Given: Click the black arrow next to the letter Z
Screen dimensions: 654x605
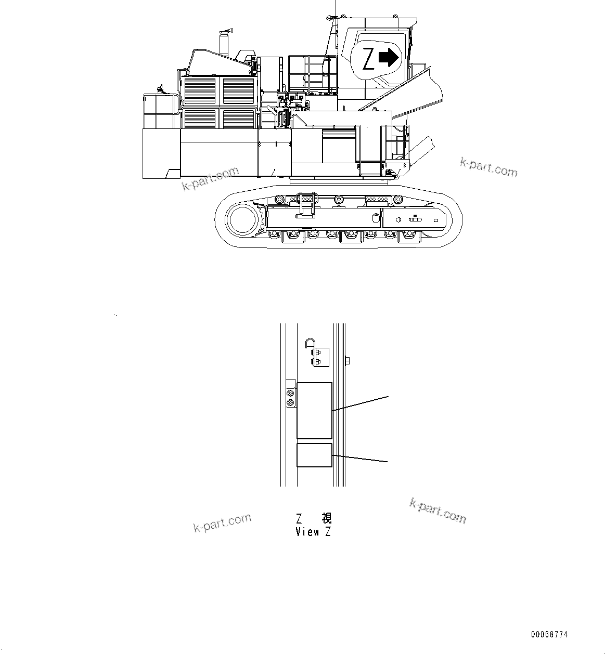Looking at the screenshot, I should coord(388,58).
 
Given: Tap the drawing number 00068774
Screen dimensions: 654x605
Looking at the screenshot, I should coord(549,635).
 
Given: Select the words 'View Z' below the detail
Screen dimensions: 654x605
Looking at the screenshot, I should coord(313,532).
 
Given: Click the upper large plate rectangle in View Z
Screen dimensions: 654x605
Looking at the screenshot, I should coord(314,410).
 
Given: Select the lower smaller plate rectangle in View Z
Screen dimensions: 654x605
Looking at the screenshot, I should coord(314,455).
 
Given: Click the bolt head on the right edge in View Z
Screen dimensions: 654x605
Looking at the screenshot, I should coord(347,359).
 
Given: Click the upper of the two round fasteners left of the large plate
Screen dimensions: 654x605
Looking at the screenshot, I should coord(290,394).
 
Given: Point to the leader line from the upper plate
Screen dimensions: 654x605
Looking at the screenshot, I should coord(360,403).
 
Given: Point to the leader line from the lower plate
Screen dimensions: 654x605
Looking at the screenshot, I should coord(360,459).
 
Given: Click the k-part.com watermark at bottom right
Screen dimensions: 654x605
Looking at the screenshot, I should coord(438,511).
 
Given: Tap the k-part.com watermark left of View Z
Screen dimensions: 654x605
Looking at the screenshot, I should coord(222,522).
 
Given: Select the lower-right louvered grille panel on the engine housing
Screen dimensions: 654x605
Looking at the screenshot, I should coord(239,119).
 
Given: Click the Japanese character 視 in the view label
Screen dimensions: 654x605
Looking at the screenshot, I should coord(326,518).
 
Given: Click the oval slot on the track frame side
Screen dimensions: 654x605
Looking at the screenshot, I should coord(415,220).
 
